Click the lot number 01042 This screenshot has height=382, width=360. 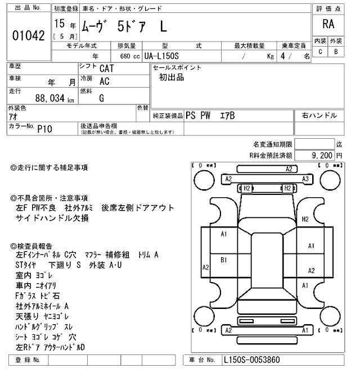pos(28,35)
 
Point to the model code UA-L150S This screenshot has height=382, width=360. pos(168,56)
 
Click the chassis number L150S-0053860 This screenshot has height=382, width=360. pos(251,360)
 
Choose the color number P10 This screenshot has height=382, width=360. pos(44,129)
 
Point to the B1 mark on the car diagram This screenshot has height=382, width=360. pos(223,260)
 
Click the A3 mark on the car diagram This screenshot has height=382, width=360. pos(305,179)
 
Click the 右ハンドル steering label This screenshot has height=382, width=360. pos(319,115)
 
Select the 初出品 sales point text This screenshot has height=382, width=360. pos(172,78)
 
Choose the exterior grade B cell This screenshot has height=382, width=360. pos(336,52)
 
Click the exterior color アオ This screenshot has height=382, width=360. pos(14,116)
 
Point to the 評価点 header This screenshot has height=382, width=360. pos(328,8)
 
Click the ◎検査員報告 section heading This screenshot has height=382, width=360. pos(35,246)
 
